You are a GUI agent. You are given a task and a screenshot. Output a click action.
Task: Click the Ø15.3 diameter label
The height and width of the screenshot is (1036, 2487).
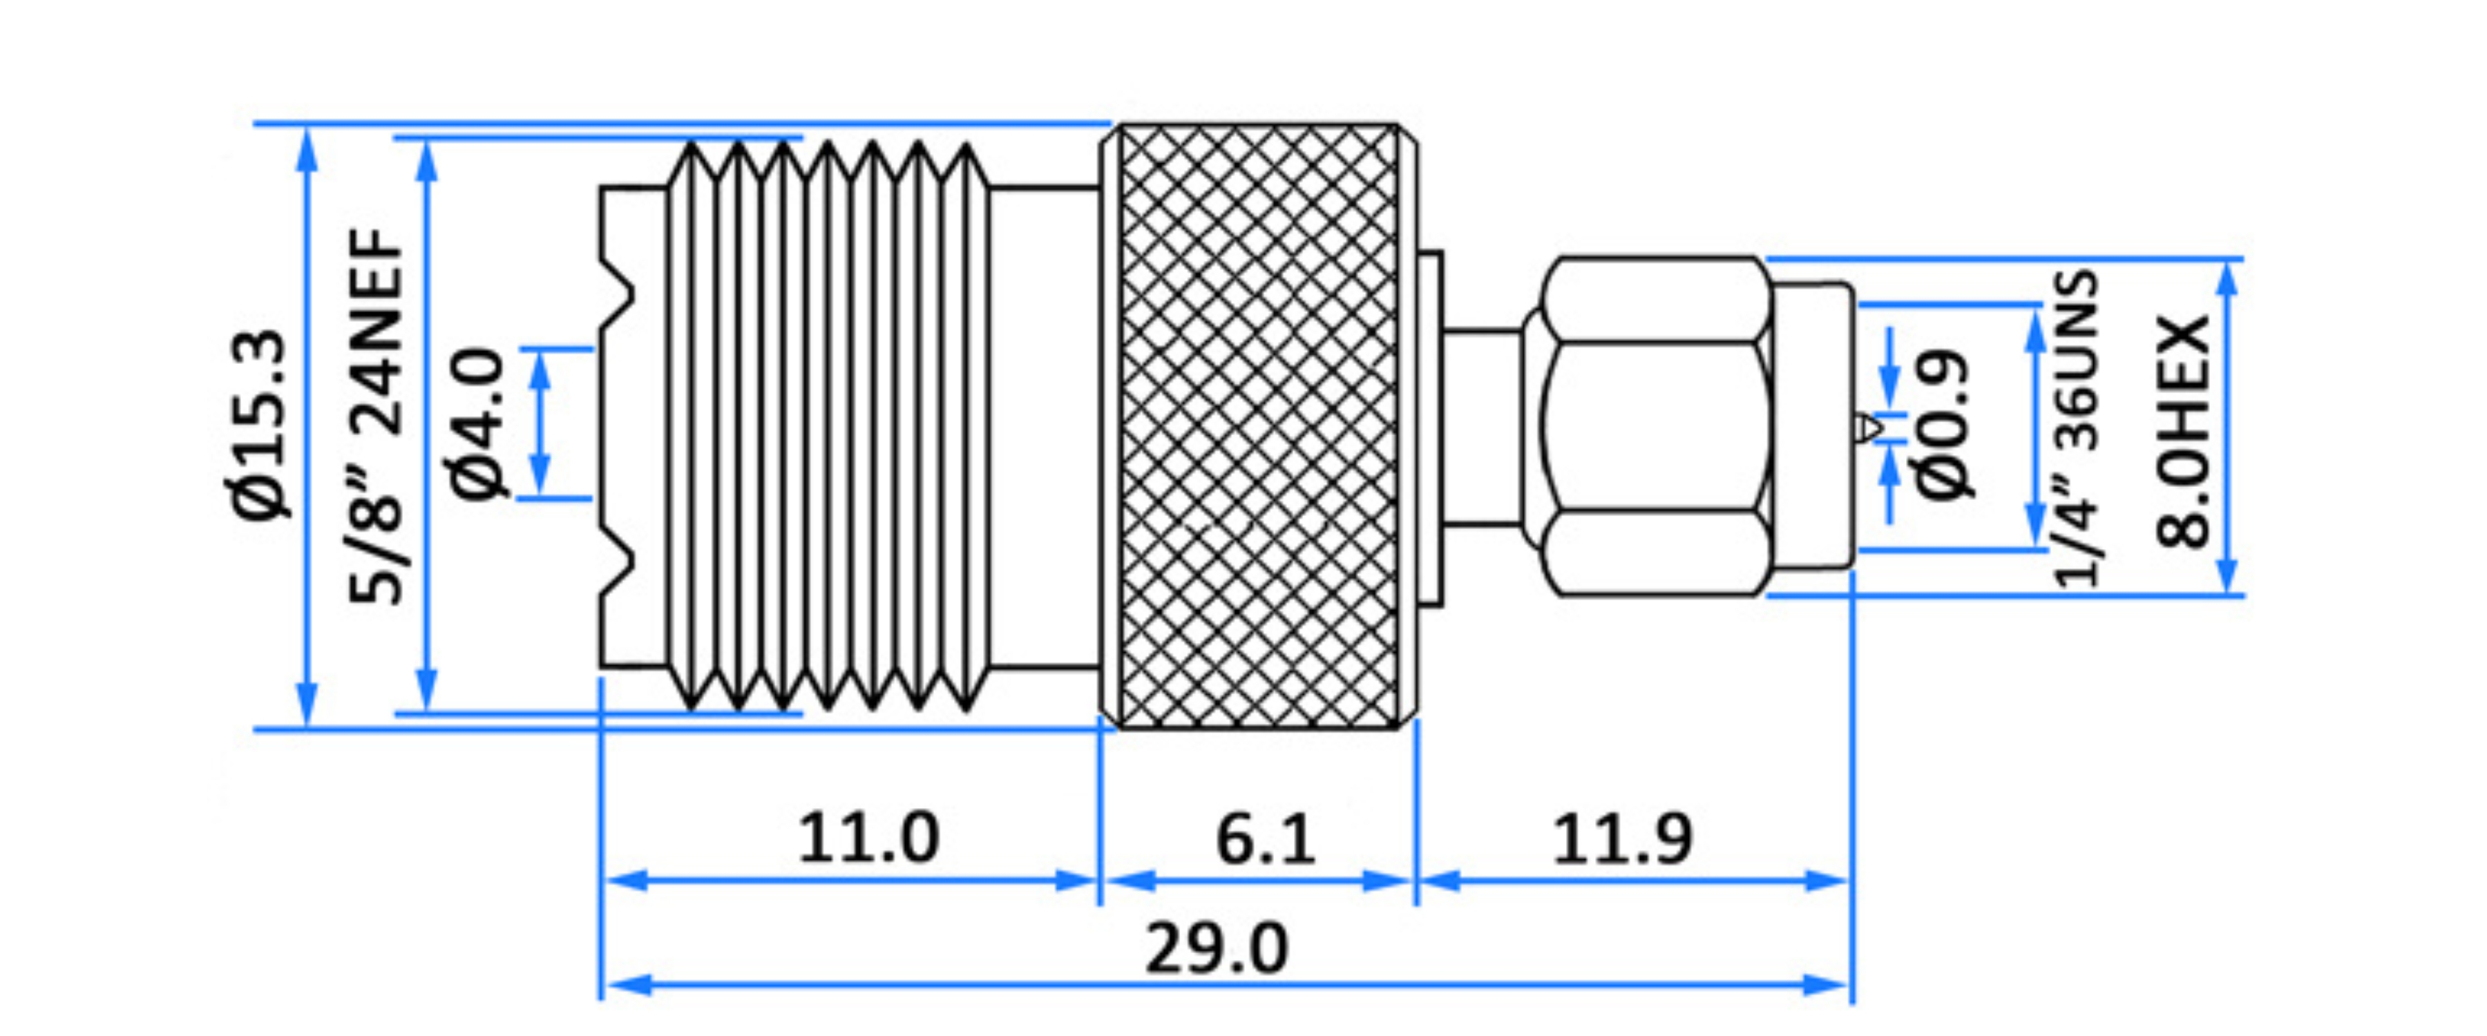point(259,425)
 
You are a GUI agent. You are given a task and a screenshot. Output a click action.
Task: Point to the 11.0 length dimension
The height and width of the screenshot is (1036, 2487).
point(867,838)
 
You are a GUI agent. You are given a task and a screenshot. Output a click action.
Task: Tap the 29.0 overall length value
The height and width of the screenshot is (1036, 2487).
point(1217,949)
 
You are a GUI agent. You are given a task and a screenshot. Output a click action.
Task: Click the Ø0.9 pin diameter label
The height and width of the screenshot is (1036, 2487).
point(1943,425)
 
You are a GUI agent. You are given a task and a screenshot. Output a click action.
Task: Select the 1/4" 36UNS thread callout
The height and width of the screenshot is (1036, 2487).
point(2076,429)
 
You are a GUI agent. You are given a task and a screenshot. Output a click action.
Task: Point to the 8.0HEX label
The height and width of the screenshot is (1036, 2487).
point(2184,430)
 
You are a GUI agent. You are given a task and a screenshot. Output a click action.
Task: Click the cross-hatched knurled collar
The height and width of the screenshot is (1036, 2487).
point(1260,425)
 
